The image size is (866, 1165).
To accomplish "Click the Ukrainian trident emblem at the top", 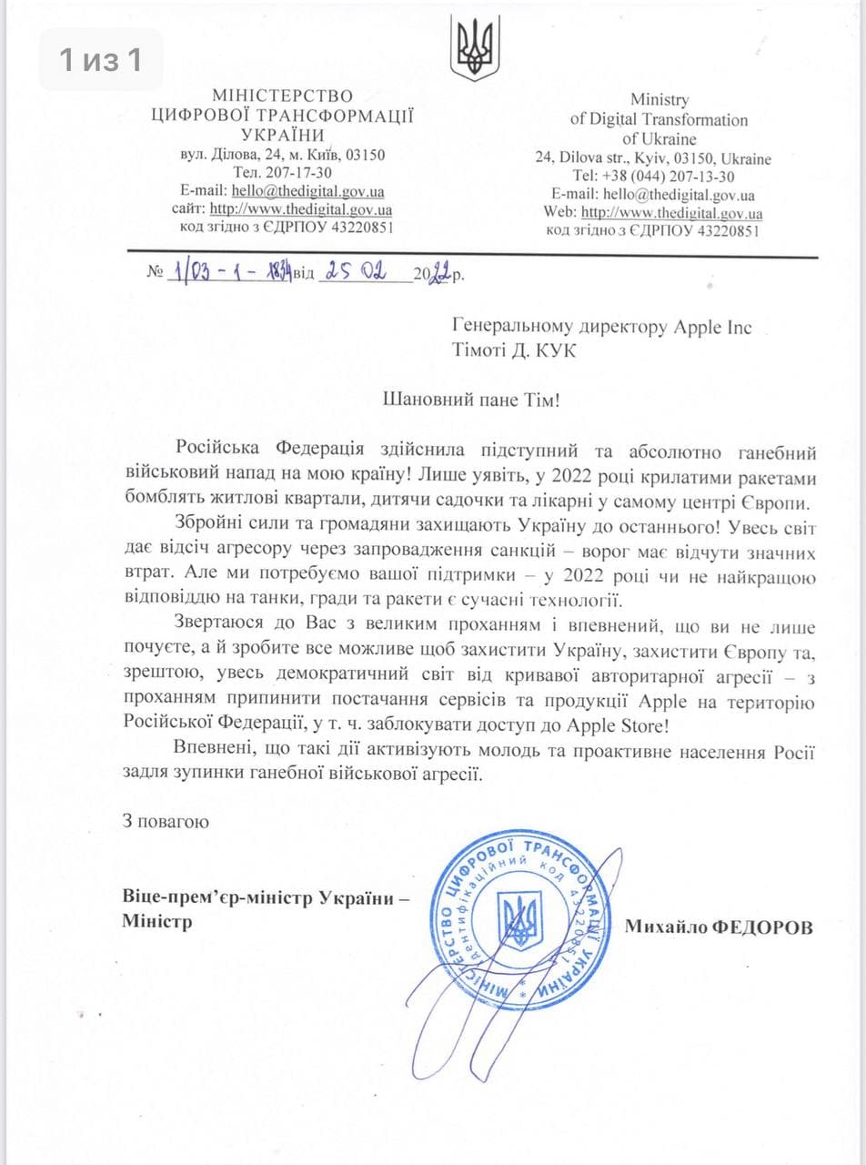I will coord(476,47).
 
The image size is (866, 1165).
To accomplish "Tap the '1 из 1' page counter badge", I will coord(100,60).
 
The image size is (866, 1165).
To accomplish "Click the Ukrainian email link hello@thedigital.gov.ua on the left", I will coord(307,191).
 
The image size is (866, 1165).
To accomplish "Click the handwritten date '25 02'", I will coord(354,273).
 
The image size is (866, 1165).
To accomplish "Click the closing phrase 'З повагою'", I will coord(166,821).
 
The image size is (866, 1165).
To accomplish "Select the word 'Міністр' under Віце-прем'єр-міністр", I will coord(157,922).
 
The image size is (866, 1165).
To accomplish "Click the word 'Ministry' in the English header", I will coord(660,99).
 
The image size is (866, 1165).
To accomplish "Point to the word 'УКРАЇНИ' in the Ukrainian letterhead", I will coord(282,135).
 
